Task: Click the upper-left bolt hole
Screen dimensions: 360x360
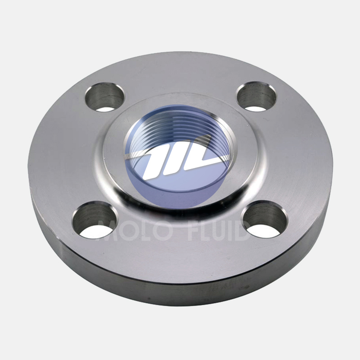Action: (105, 97)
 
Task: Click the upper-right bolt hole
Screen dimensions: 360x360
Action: (256, 96)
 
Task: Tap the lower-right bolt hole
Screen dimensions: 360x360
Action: (265, 219)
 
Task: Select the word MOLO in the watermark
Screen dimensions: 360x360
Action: (135, 230)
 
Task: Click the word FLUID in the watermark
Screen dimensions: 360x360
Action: (219, 230)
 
